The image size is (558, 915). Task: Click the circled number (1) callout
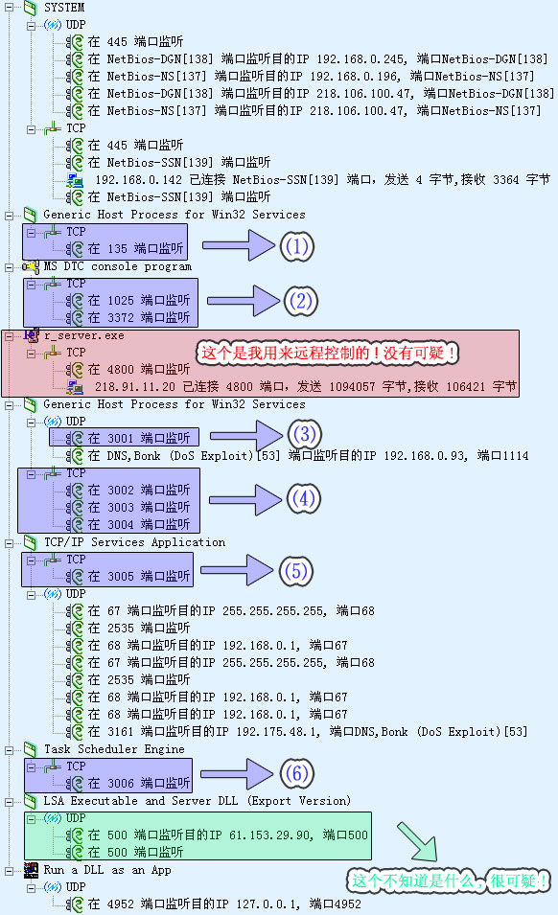296,247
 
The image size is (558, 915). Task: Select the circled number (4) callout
304,499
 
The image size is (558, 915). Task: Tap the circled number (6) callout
296,774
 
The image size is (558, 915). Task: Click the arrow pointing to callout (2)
243,301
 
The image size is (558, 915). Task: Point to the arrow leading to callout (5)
237,570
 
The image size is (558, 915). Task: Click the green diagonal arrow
417,841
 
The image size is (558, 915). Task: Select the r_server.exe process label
84,335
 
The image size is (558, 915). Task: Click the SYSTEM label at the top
64,8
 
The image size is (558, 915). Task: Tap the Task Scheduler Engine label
114,748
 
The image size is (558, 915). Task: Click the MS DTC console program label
117,266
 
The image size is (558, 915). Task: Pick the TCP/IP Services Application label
135,542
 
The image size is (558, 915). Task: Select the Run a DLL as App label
107,870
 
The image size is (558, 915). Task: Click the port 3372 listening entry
139,317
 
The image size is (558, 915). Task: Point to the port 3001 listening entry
139,438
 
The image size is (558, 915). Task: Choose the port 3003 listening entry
139,507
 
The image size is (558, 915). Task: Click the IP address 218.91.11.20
135,386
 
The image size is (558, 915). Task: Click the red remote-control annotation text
328,353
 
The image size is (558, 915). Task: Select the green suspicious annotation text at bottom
449,880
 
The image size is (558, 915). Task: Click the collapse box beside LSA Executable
10,802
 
